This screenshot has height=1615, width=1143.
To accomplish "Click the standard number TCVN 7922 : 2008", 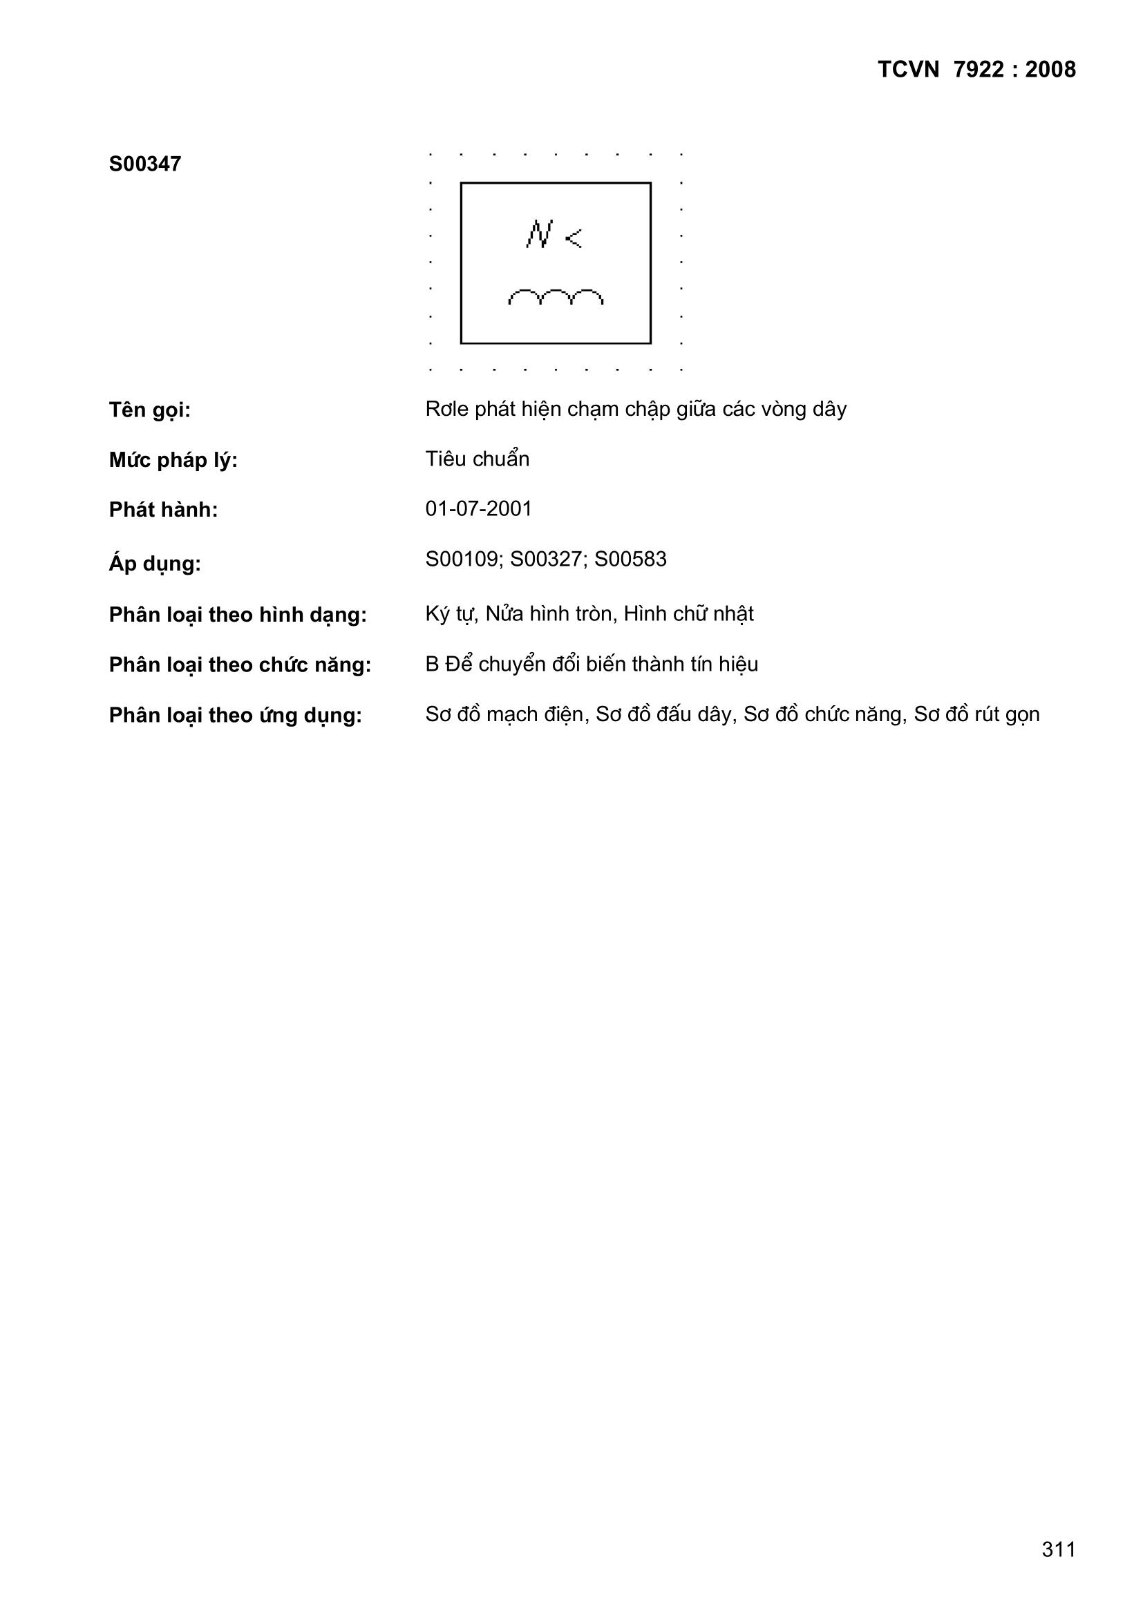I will pos(976,70).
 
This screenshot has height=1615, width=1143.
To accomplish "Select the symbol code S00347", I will pos(145,164).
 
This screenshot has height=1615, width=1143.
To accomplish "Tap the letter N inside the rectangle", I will pos(538,234).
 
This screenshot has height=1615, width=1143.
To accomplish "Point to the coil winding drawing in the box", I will pos(556,298).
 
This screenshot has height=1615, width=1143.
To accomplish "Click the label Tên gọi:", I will pos(150,410).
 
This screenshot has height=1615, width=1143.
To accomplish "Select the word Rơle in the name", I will pos(446,409).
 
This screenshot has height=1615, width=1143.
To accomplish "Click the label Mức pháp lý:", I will pos(173,460).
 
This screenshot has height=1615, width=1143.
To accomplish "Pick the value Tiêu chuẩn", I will pos(478,459).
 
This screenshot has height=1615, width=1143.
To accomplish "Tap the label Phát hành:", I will pos(163,510).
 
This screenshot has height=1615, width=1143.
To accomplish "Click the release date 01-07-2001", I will pos(479,508).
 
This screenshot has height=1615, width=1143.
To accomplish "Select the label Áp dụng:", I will pos(155,564).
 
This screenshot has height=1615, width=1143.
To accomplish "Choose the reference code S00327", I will pos(549,560).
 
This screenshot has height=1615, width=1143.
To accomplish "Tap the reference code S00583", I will pos(631,560).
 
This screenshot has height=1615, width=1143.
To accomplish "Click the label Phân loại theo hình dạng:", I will pos(238,615).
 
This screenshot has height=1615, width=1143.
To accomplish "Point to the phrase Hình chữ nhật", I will pos(688,614).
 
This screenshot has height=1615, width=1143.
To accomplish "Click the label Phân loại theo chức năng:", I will pos(240,665).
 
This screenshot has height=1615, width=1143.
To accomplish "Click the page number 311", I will pos(1059,1549).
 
